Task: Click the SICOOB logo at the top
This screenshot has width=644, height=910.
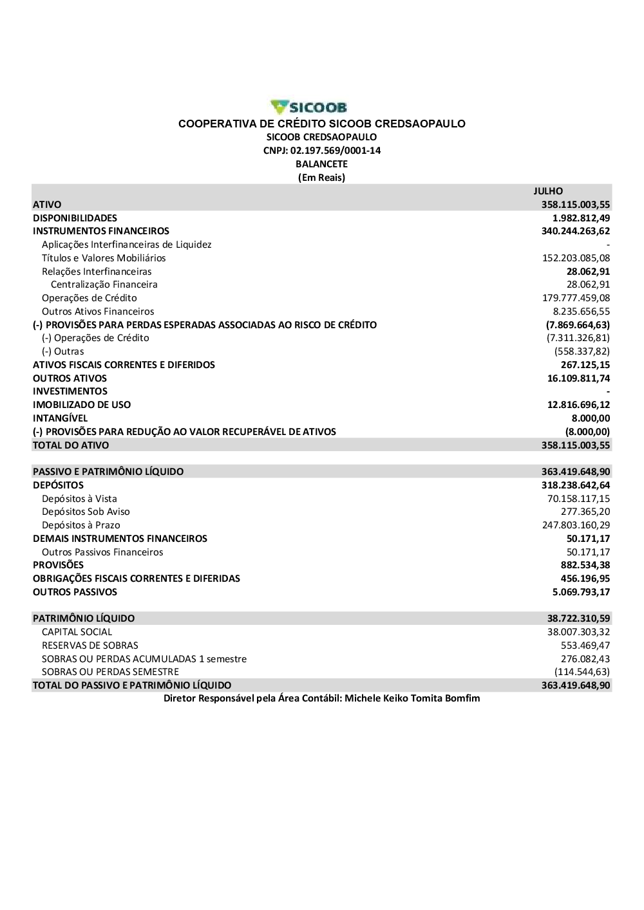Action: tap(309, 107)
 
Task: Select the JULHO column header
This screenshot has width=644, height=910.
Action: tap(548, 191)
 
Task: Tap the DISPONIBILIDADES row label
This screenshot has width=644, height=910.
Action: tap(75, 218)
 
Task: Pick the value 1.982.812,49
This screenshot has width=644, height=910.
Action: tap(581, 218)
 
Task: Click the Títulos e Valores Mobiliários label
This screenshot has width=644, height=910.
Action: tap(104, 258)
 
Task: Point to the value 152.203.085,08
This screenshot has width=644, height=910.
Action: tap(576, 258)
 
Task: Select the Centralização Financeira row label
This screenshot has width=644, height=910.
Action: tap(104, 284)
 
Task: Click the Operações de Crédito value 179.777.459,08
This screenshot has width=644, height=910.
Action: tap(576, 298)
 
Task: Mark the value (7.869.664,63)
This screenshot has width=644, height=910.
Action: tap(578, 325)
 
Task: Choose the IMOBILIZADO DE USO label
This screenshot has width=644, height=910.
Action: tap(82, 405)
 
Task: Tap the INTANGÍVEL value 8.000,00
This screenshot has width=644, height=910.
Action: tap(591, 418)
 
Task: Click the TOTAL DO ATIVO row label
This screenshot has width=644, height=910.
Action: tap(71, 445)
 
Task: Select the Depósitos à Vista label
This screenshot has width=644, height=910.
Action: tap(79, 499)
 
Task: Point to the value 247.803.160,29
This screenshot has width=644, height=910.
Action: tap(576, 525)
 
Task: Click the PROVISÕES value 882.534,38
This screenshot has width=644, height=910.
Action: tap(585, 565)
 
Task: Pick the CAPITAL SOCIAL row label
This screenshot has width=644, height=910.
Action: tap(77, 632)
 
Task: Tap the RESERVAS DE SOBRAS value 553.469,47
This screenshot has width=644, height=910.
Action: tap(585, 645)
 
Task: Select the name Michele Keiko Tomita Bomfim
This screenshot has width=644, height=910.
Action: tap(412, 698)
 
